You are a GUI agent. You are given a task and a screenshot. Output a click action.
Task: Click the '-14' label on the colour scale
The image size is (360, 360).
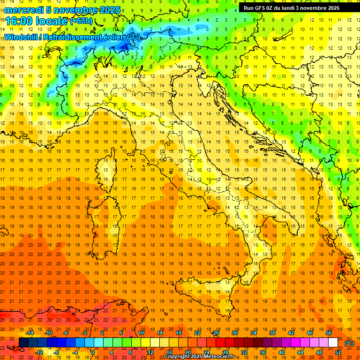pos(30,333)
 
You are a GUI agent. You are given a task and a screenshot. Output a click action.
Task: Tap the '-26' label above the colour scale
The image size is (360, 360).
pos(215,333)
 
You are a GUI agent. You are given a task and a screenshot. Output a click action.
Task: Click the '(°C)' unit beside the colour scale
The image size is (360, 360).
pos(349,343)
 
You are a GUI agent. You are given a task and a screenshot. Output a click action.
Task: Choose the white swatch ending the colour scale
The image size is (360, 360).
pos(333,343)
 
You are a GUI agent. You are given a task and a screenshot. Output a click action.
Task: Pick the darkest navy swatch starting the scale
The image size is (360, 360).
pos(23,343)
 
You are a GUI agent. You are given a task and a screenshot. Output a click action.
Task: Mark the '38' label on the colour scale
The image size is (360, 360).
pos(272,333)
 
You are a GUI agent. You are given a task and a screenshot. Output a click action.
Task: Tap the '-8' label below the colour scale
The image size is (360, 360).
pos(57,352)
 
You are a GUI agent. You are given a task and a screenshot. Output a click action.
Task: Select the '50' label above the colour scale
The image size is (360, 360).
pos(328,333)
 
